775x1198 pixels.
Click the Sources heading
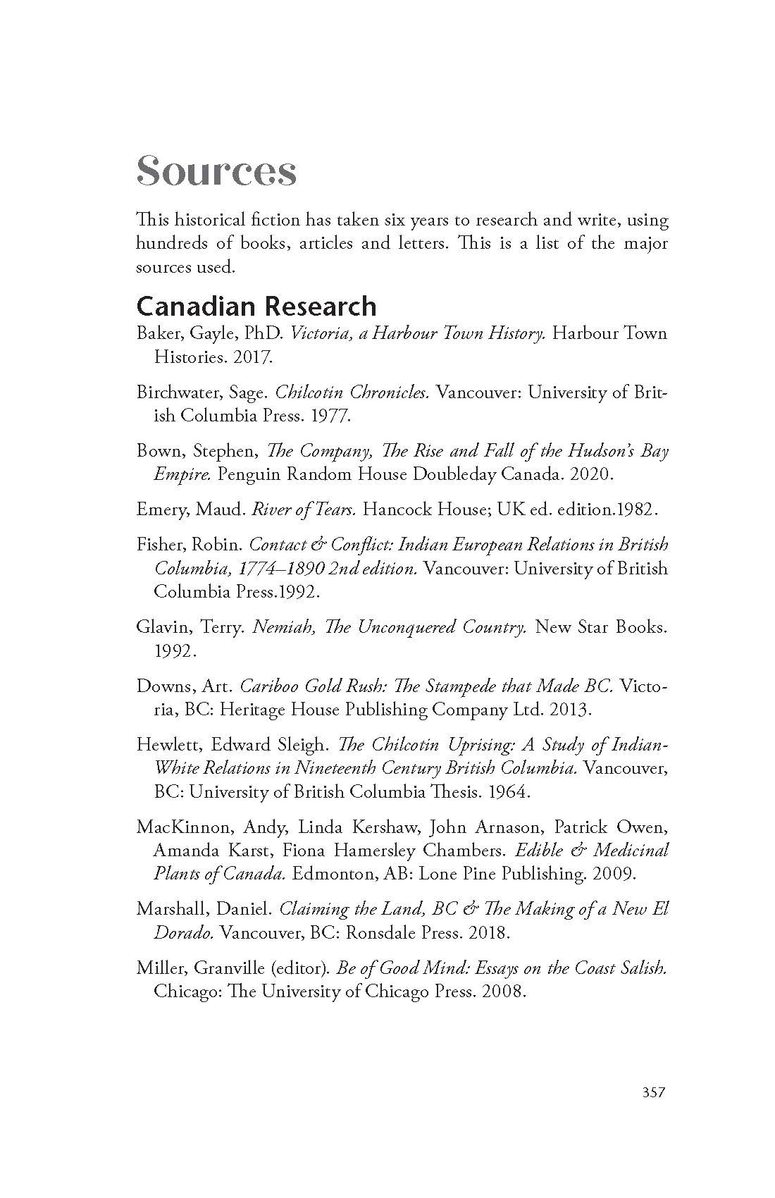coord(216,171)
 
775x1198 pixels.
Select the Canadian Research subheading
coord(256,306)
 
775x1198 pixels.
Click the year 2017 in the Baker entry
coord(251,357)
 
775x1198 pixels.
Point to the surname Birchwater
coord(176,392)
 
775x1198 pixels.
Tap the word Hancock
coord(394,509)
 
